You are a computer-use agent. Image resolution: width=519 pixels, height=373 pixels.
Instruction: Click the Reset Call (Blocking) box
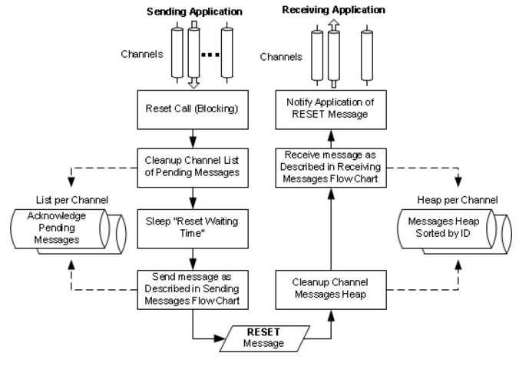(x=192, y=108)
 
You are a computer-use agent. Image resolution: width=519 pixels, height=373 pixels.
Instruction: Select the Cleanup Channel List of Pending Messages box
(x=192, y=166)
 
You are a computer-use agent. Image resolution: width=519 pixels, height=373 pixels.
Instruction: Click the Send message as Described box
(x=192, y=288)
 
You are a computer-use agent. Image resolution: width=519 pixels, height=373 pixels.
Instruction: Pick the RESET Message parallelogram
(x=263, y=337)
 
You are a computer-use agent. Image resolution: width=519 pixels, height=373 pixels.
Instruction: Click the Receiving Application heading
(x=333, y=10)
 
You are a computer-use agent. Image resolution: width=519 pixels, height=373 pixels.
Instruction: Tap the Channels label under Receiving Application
(x=281, y=57)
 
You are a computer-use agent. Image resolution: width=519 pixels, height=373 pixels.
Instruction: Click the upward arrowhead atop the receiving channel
(x=332, y=26)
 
